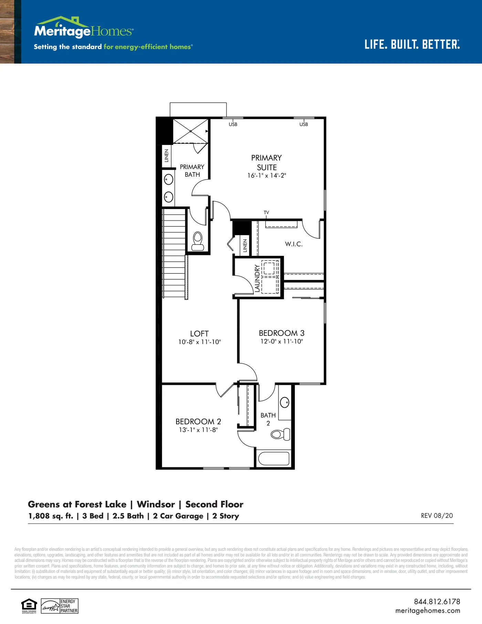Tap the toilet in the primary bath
(x=198, y=241)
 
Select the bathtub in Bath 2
(x=274, y=458)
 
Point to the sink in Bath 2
(x=285, y=402)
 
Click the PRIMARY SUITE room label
(x=266, y=163)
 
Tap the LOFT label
(x=199, y=334)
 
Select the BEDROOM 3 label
(x=282, y=333)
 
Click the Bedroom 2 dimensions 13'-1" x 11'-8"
(x=198, y=430)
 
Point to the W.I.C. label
(x=294, y=244)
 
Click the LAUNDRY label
(x=257, y=278)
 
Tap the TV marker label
(x=266, y=212)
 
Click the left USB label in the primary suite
(x=233, y=124)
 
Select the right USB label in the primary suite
(x=304, y=124)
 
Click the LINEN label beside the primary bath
(x=167, y=156)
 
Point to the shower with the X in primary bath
(x=190, y=131)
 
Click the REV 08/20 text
(x=437, y=516)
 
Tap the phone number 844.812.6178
(x=437, y=602)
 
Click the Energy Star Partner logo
(x=60, y=606)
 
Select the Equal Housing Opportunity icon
(x=29, y=606)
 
